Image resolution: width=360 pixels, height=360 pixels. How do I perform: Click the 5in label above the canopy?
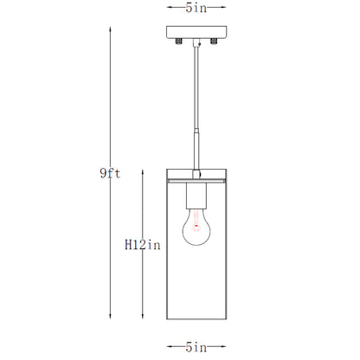click(x=196, y=8)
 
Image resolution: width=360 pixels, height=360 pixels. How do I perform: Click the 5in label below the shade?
click(x=196, y=347)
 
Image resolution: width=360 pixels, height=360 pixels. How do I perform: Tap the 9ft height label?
click(x=110, y=173)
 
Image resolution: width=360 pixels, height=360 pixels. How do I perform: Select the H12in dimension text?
click(x=143, y=245)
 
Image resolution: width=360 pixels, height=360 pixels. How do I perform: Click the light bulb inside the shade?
click(x=196, y=227)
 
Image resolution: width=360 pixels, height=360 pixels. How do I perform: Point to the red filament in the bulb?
click(x=196, y=222)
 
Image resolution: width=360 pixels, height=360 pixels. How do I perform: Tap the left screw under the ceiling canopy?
click(x=179, y=42)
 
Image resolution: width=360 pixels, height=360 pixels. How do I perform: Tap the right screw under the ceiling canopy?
click(x=214, y=42)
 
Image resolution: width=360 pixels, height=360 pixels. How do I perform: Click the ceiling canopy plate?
click(x=196, y=32)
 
